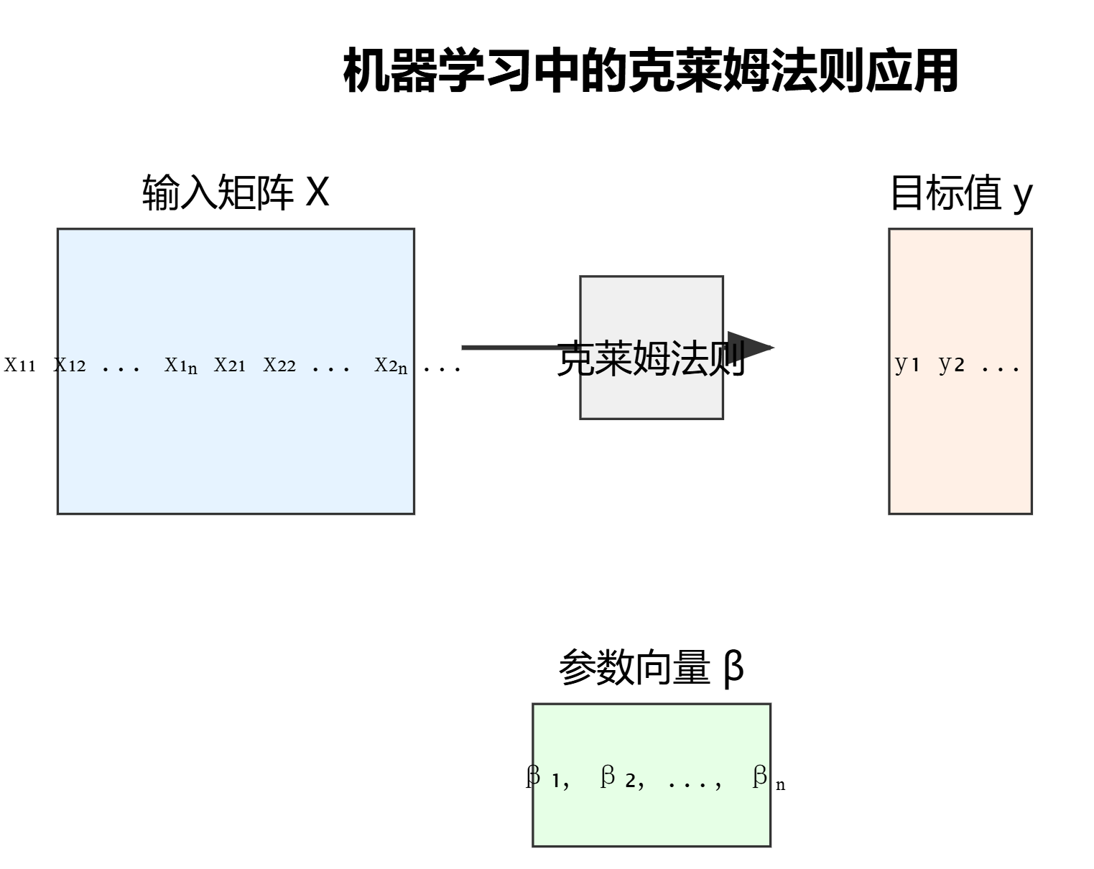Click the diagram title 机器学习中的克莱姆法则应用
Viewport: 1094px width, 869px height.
pyautogui.click(x=651, y=70)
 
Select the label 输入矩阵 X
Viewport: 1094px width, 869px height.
pyautogui.click(x=236, y=192)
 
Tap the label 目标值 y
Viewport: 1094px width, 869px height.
pyautogui.click(x=961, y=192)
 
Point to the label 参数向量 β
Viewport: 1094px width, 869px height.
pyautogui.click(x=651, y=668)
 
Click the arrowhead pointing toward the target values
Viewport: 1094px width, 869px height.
pyautogui.click(x=749, y=348)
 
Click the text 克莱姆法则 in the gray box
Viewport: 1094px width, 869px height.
pyautogui.click(x=651, y=359)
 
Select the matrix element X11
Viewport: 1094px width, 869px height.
pyautogui.click(x=20, y=365)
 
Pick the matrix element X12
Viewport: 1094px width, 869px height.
pyautogui.click(x=70, y=365)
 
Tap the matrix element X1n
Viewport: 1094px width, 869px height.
pyautogui.click(x=181, y=366)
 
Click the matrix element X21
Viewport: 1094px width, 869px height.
pyautogui.click(x=230, y=365)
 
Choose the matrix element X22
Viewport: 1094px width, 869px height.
pyautogui.click(x=279, y=365)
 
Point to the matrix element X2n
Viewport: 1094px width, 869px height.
pyautogui.click(x=391, y=366)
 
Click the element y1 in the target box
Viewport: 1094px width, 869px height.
pyautogui.click(x=907, y=364)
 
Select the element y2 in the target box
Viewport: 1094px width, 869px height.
pyautogui.click(x=952, y=364)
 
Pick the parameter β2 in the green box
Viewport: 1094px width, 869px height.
pyautogui.click(x=618, y=777)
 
